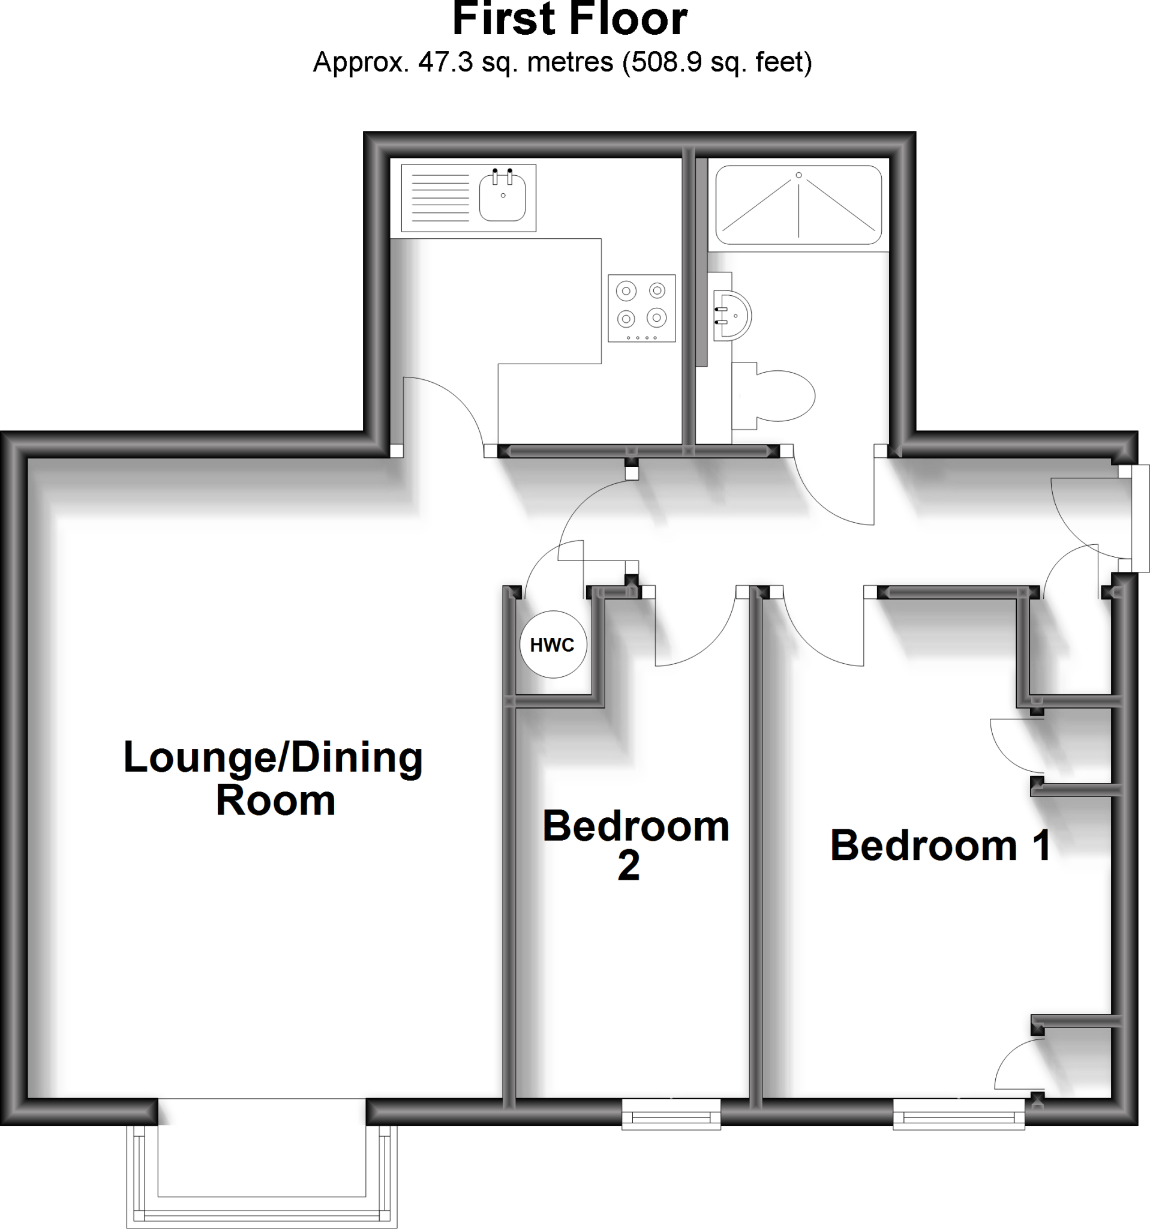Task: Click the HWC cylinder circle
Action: [x=553, y=645]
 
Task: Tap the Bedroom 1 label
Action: [x=940, y=845]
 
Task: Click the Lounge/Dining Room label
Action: [x=273, y=778]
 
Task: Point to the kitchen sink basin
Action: [x=502, y=197]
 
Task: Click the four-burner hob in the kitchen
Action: [x=641, y=308]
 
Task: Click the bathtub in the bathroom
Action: [x=798, y=205]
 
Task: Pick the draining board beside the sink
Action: [x=440, y=198]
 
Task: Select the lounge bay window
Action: [x=262, y=1177]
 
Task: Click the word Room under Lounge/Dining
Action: [x=275, y=801]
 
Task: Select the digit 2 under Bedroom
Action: [x=629, y=867]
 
